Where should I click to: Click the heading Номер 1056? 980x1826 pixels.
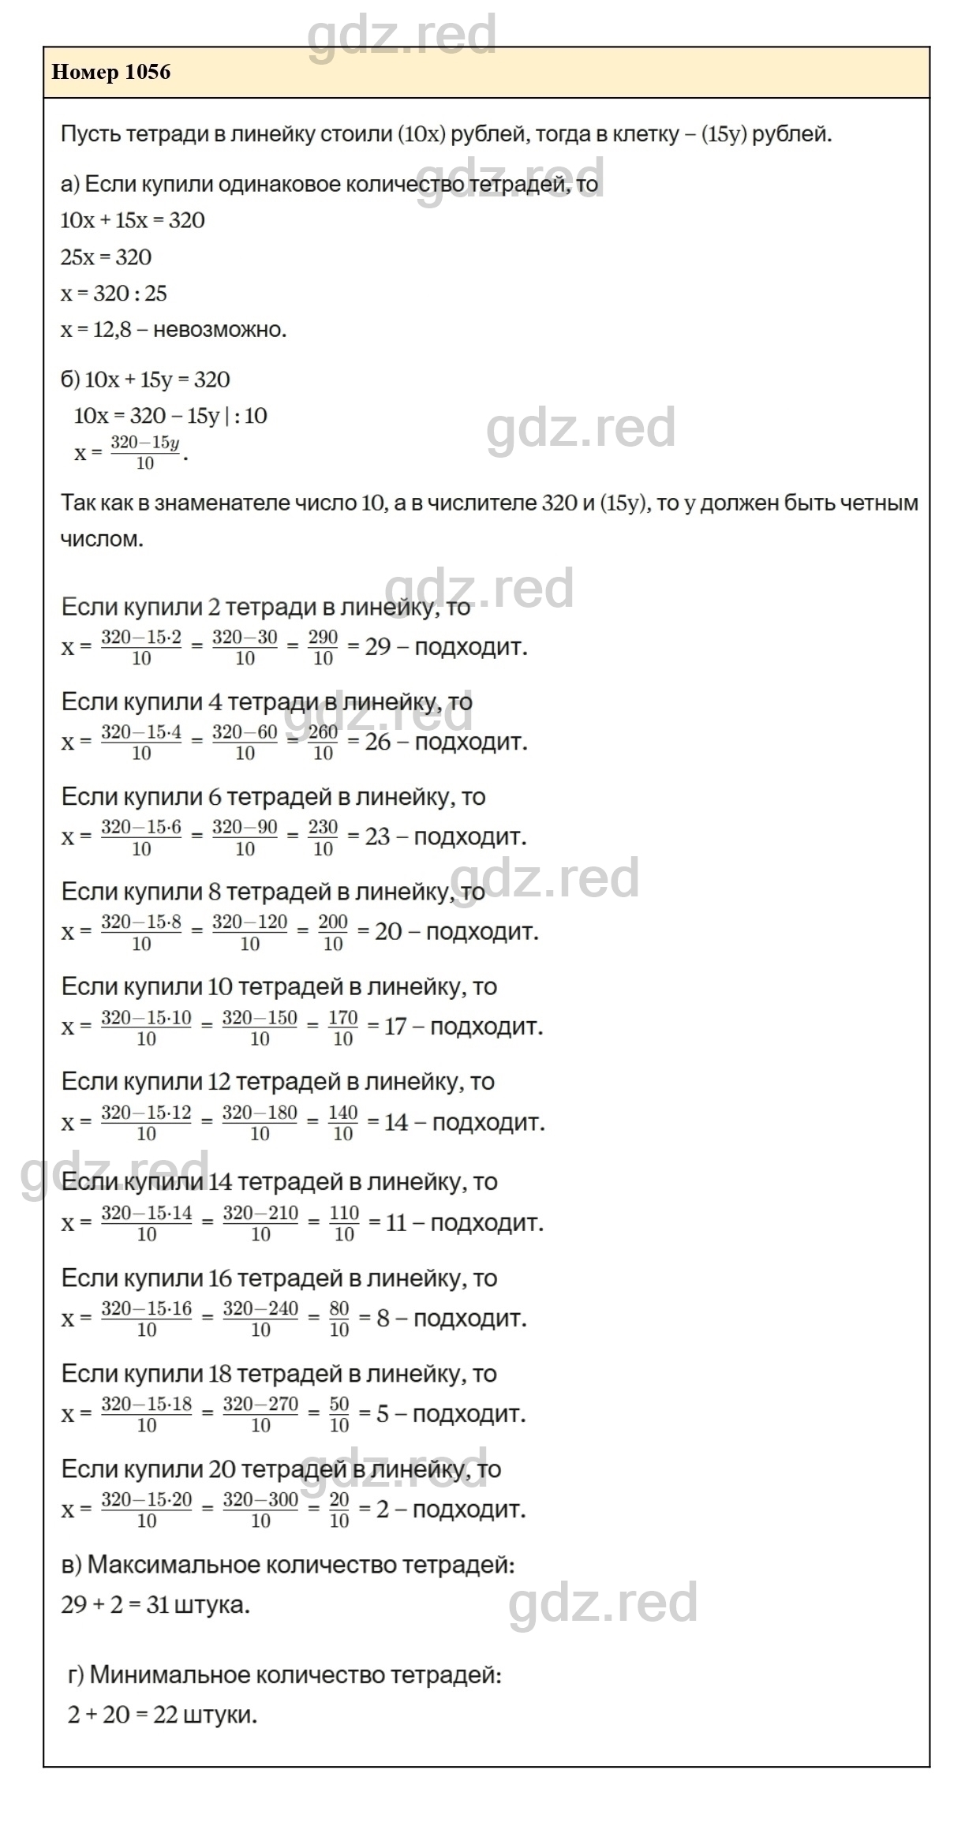tap(110, 73)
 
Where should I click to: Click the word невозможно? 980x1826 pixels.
tap(219, 329)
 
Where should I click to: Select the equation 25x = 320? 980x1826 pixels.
tap(106, 257)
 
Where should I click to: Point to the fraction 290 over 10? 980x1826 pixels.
tap(323, 647)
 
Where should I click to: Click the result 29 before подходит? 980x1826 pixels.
tap(378, 647)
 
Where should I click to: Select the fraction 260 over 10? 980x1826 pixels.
tap(323, 742)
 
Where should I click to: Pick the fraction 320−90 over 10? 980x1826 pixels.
tap(245, 837)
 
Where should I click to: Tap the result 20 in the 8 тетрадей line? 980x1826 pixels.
tap(388, 932)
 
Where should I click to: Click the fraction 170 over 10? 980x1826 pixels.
tap(343, 1027)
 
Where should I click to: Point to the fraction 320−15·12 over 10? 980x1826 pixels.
tap(146, 1123)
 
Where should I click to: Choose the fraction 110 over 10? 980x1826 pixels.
tap(344, 1223)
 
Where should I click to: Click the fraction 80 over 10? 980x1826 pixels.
tap(339, 1319)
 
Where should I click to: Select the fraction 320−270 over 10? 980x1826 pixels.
tap(260, 1414)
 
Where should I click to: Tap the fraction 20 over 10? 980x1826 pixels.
tap(339, 1510)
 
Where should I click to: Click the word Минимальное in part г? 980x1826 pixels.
tap(170, 1674)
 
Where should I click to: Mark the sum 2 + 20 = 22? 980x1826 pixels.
tap(123, 1715)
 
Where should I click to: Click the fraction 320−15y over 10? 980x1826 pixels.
tap(145, 452)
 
